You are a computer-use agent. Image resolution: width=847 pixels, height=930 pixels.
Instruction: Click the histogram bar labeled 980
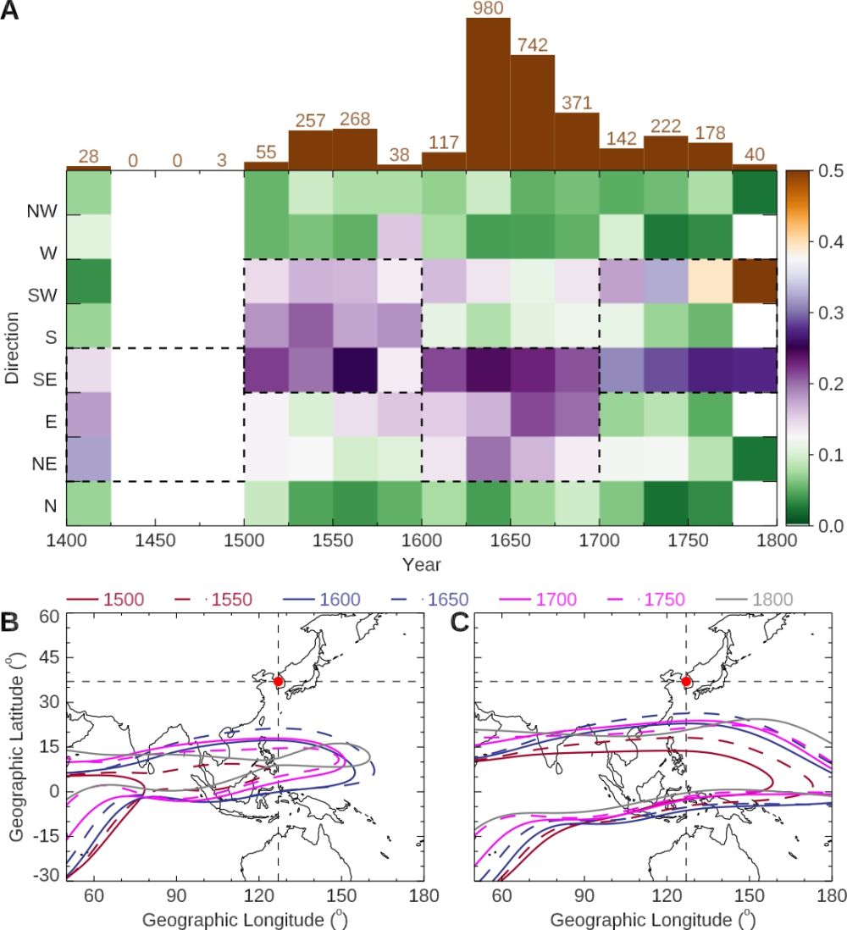pos(488,93)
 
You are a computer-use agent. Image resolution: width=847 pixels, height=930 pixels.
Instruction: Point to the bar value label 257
pos(311,121)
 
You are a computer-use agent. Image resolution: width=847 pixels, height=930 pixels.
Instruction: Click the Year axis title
pos(421,563)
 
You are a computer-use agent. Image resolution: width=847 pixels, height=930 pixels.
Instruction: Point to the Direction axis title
pos(13,347)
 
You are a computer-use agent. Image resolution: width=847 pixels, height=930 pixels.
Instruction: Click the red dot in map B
pos(278,681)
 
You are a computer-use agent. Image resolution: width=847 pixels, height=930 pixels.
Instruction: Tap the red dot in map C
pos(686,681)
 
